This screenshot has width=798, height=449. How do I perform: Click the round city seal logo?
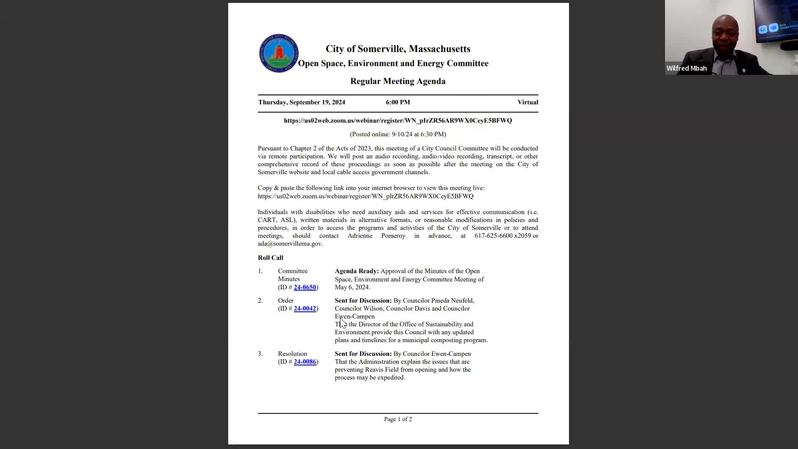[x=278, y=53]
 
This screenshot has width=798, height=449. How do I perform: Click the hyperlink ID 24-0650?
[x=305, y=287]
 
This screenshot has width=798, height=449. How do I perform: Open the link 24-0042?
[x=305, y=308]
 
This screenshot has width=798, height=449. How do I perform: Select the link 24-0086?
[x=305, y=362]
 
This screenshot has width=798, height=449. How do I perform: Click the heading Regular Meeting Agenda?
[x=398, y=81]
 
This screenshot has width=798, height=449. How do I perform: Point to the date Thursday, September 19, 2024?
[x=301, y=102]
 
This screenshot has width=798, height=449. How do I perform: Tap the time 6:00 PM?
[x=398, y=102]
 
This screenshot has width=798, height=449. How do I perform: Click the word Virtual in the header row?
[x=527, y=102]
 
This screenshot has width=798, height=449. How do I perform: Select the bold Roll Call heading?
[x=271, y=258]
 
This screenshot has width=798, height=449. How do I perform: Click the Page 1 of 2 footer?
[x=398, y=419]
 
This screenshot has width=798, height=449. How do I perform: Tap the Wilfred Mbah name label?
[x=687, y=69]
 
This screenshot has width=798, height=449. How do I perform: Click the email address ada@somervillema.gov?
[x=290, y=244]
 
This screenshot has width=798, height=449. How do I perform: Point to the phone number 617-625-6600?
[x=493, y=236]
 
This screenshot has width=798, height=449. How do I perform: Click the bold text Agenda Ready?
[x=357, y=271]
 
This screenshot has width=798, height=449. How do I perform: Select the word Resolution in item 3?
[x=292, y=354]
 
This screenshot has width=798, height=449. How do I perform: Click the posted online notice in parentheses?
[x=398, y=134]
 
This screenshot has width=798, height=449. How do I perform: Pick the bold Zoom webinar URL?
[x=398, y=121]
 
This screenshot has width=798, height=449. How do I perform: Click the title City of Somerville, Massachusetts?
[x=398, y=49]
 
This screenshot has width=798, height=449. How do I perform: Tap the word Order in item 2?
[x=286, y=301]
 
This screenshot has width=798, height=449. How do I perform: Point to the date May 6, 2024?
[x=352, y=287]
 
